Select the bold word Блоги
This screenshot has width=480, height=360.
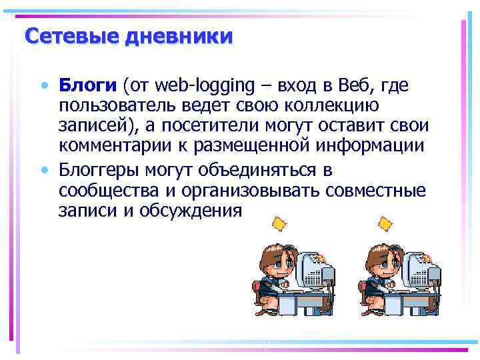(x=87, y=85)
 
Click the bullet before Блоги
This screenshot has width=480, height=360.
(x=44, y=86)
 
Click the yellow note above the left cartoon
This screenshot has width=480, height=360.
(x=279, y=222)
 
